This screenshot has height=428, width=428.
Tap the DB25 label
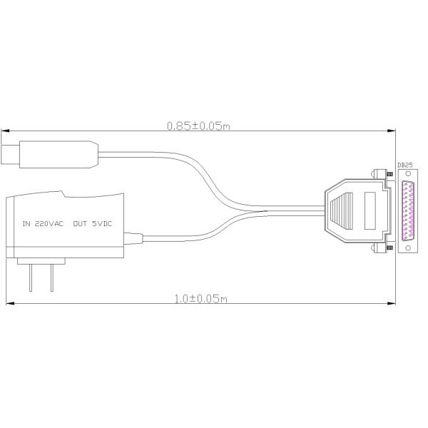click(x=404, y=165)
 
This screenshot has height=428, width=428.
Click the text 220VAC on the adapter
click(x=49, y=223)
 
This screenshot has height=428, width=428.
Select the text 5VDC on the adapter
click(x=102, y=223)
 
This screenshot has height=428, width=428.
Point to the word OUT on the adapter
click(x=79, y=223)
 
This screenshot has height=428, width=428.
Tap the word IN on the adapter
click(x=26, y=223)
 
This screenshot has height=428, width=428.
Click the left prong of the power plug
click(x=31, y=276)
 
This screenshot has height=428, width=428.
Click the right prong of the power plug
click(x=51, y=276)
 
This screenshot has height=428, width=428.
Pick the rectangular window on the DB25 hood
click(x=370, y=210)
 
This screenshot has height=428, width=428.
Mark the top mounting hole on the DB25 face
click(x=408, y=173)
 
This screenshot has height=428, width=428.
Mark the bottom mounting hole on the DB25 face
click(x=408, y=247)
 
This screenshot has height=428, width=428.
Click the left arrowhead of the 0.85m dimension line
click(x=4, y=131)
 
